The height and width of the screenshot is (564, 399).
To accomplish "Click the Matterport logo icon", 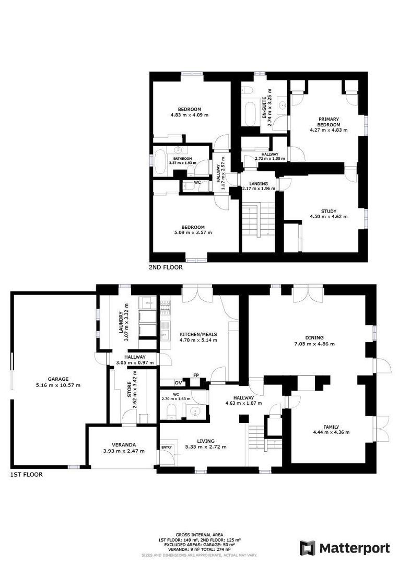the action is (x=308, y=548).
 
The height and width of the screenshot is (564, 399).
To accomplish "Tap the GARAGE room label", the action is (x=58, y=379).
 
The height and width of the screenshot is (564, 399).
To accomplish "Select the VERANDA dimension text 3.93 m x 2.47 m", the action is (x=124, y=451).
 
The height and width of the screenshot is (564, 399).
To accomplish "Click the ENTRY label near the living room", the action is (x=167, y=447).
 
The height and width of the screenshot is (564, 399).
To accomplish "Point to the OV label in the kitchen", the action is (x=179, y=383).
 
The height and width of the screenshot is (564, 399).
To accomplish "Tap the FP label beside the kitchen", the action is (x=196, y=375).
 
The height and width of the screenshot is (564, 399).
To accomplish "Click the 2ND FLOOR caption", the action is (x=166, y=267).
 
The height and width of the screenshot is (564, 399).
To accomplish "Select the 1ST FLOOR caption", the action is (x=26, y=474).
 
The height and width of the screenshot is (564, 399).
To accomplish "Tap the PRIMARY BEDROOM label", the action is (x=328, y=122).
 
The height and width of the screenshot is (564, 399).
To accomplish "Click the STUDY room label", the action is (x=328, y=211).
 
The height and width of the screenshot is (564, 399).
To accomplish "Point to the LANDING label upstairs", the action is (x=259, y=183).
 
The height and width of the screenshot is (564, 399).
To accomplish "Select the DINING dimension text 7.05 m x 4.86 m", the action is (x=314, y=344).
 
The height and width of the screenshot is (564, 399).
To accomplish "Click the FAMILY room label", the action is (x=331, y=427).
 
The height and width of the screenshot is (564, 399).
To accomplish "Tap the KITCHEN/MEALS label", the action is (x=198, y=334).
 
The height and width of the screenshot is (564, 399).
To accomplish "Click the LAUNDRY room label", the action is (x=121, y=322).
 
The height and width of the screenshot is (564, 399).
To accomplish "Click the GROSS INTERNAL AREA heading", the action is (x=199, y=535).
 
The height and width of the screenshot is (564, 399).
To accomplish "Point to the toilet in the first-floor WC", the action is (x=171, y=411).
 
